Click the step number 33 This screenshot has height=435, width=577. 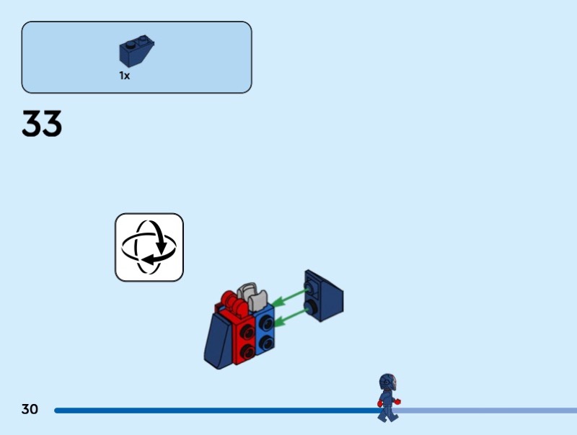[x=42, y=124]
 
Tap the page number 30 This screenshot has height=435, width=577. [x=30, y=410]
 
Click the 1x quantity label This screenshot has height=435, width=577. [x=125, y=76]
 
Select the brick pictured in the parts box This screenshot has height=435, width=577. [x=137, y=52]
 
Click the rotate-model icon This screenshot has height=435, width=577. [x=149, y=247]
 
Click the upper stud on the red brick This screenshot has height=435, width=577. [x=247, y=333]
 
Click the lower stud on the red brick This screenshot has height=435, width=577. [x=248, y=350]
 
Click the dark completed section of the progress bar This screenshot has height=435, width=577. [x=216, y=411]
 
